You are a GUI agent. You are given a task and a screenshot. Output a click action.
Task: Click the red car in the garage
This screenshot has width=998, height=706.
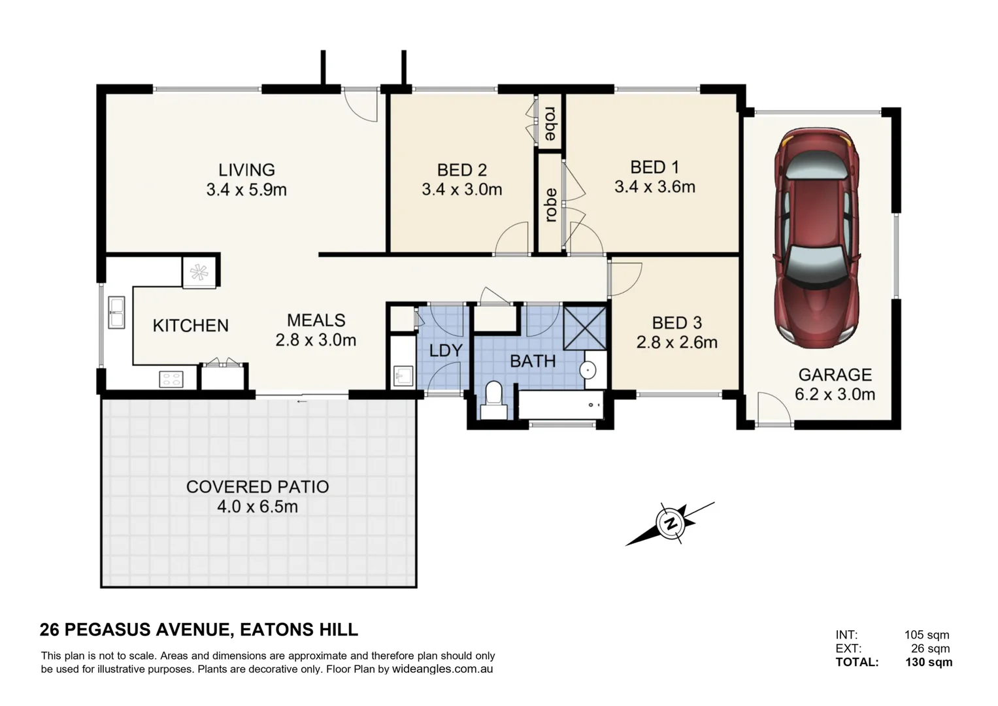point(817,238)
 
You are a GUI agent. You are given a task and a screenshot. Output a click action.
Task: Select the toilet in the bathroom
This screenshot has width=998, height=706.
point(493,400)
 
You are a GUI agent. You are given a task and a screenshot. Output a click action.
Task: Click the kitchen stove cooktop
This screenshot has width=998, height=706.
point(171,379)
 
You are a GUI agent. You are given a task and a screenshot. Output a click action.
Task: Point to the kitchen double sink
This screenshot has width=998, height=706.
point(117,312)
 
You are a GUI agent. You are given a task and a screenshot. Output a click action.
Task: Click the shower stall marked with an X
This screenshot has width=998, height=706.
point(584,328)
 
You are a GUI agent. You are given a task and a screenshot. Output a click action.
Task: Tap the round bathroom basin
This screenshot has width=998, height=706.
point(588,369)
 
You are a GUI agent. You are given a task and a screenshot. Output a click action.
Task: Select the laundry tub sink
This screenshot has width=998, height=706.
point(404,376)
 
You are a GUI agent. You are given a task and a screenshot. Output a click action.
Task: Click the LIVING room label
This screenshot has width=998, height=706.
point(246,170)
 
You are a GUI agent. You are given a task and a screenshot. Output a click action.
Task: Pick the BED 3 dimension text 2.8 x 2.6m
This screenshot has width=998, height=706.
point(676,343)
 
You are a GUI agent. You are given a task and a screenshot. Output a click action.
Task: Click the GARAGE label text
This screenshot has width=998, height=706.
point(835,375)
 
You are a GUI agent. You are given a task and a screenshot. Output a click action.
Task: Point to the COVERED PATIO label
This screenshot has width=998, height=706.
point(258,487)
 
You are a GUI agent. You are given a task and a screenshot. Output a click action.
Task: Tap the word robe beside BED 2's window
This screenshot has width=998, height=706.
point(550,124)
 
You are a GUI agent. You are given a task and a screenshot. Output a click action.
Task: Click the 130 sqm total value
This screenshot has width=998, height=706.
point(929,662)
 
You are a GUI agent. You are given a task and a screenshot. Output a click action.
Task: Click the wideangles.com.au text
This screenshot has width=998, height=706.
point(442,669)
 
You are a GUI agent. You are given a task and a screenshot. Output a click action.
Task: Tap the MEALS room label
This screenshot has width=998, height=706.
point(316,320)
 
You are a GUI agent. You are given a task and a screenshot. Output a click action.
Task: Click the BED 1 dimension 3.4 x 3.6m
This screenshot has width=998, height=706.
point(655,187)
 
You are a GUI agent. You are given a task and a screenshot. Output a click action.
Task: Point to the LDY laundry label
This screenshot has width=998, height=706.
point(446,351)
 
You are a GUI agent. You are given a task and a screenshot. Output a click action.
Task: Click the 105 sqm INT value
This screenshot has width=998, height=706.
point(927,635)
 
